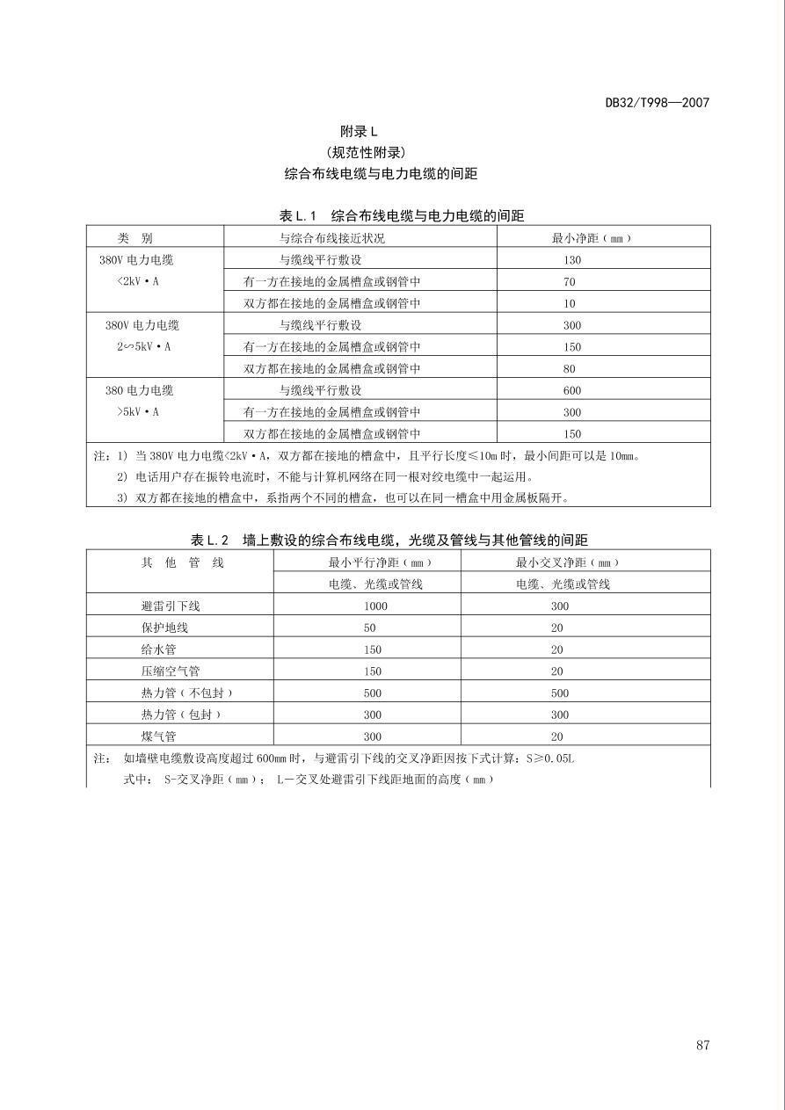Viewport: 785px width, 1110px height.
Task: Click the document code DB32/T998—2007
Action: [x=657, y=102]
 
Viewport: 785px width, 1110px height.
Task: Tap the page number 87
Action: [x=702, y=1045]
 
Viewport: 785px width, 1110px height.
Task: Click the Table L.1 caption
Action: [x=401, y=215]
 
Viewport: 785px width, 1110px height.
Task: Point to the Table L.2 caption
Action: [x=389, y=540]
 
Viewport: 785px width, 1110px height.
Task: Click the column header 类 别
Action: [x=135, y=238]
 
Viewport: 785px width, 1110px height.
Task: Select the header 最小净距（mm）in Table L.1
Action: [x=591, y=238]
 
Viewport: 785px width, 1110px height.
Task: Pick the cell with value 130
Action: [x=572, y=260]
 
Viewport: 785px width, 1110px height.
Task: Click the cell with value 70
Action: [x=570, y=282]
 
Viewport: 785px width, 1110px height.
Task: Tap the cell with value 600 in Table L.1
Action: [x=572, y=390]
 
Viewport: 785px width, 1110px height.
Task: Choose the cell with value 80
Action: [x=570, y=369]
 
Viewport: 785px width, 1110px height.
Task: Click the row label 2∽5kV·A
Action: [x=144, y=346]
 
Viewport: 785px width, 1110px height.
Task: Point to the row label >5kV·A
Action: [x=138, y=411]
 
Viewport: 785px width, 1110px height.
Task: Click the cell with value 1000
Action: [x=374, y=606]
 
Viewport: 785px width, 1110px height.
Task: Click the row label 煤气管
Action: [x=158, y=736]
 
